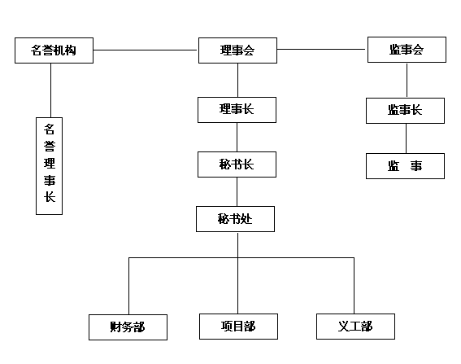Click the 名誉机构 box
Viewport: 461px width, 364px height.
click(x=54, y=50)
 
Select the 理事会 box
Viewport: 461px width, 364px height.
click(x=237, y=50)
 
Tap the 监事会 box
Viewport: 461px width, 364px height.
click(x=407, y=50)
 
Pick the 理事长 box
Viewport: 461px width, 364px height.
click(x=237, y=110)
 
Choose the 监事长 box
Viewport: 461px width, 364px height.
click(x=405, y=111)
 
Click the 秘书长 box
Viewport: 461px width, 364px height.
click(x=237, y=164)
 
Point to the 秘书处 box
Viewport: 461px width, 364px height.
click(x=236, y=219)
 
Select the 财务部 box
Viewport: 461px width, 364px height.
click(x=128, y=327)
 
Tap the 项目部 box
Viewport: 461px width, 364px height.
click(x=238, y=327)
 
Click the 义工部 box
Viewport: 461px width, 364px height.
click(x=355, y=327)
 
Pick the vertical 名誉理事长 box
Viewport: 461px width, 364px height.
click(x=49, y=166)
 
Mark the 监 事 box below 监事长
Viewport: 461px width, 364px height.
click(x=405, y=166)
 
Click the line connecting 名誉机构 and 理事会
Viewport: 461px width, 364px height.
click(x=146, y=50)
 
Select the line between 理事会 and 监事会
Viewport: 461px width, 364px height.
click(x=322, y=49)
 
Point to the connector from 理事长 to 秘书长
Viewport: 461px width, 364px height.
click(x=237, y=138)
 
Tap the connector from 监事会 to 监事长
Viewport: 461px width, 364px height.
click(x=407, y=80)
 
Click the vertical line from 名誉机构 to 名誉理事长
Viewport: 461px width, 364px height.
click(x=51, y=90)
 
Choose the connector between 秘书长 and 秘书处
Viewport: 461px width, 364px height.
click(x=237, y=191)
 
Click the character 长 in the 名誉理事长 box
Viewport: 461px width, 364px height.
click(x=50, y=197)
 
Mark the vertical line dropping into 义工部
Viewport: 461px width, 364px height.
click(x=354, y=286)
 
